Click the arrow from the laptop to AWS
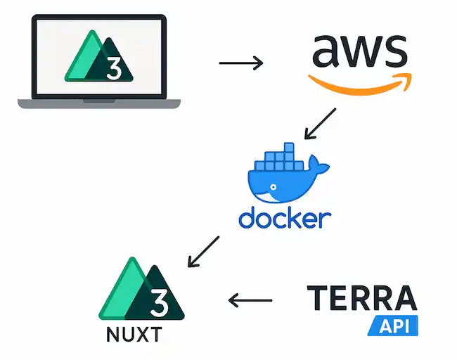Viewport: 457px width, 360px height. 241,63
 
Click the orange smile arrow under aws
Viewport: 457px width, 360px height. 358,83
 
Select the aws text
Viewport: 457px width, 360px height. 359,50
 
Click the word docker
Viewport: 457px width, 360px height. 284,217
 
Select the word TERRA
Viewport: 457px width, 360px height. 362,299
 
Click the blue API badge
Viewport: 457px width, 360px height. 393,326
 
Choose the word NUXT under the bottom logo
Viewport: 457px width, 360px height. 133,335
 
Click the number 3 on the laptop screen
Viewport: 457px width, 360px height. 112,69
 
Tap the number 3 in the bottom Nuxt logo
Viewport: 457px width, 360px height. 159,303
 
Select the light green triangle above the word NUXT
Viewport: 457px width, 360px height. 123,292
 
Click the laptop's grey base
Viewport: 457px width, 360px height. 98,103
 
